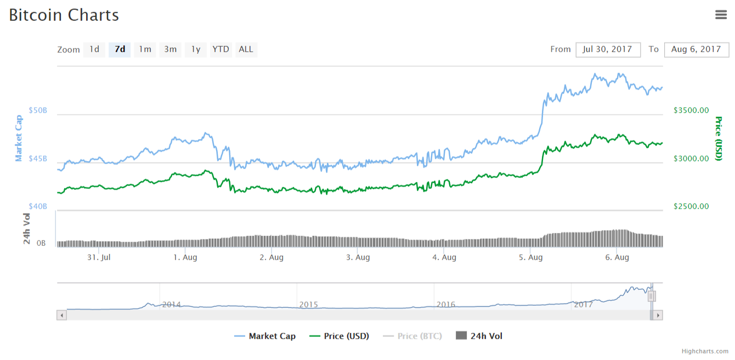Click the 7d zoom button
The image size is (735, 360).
[x=120, y=49]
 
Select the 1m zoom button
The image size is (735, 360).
[x=145, y=49]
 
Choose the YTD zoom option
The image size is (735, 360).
[x=220, y=49]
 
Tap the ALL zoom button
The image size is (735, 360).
[x=246, y=49]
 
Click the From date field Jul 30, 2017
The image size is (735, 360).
[x=608, y=49]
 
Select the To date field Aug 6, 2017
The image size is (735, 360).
[x=696, y=49]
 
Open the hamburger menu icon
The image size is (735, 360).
[x=721, y=15]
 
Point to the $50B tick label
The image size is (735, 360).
[x=38, y=110]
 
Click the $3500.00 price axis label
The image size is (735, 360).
[x=691, y=110]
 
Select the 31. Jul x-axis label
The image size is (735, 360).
[x=99, y=257]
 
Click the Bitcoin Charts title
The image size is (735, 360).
[x=64, y=15]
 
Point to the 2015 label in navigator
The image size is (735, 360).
[x=308, y=304]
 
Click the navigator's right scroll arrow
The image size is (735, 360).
[x=658, y=315]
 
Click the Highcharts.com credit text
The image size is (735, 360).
[x=705, y=351]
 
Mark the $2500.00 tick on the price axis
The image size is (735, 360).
[x=691, y=206]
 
